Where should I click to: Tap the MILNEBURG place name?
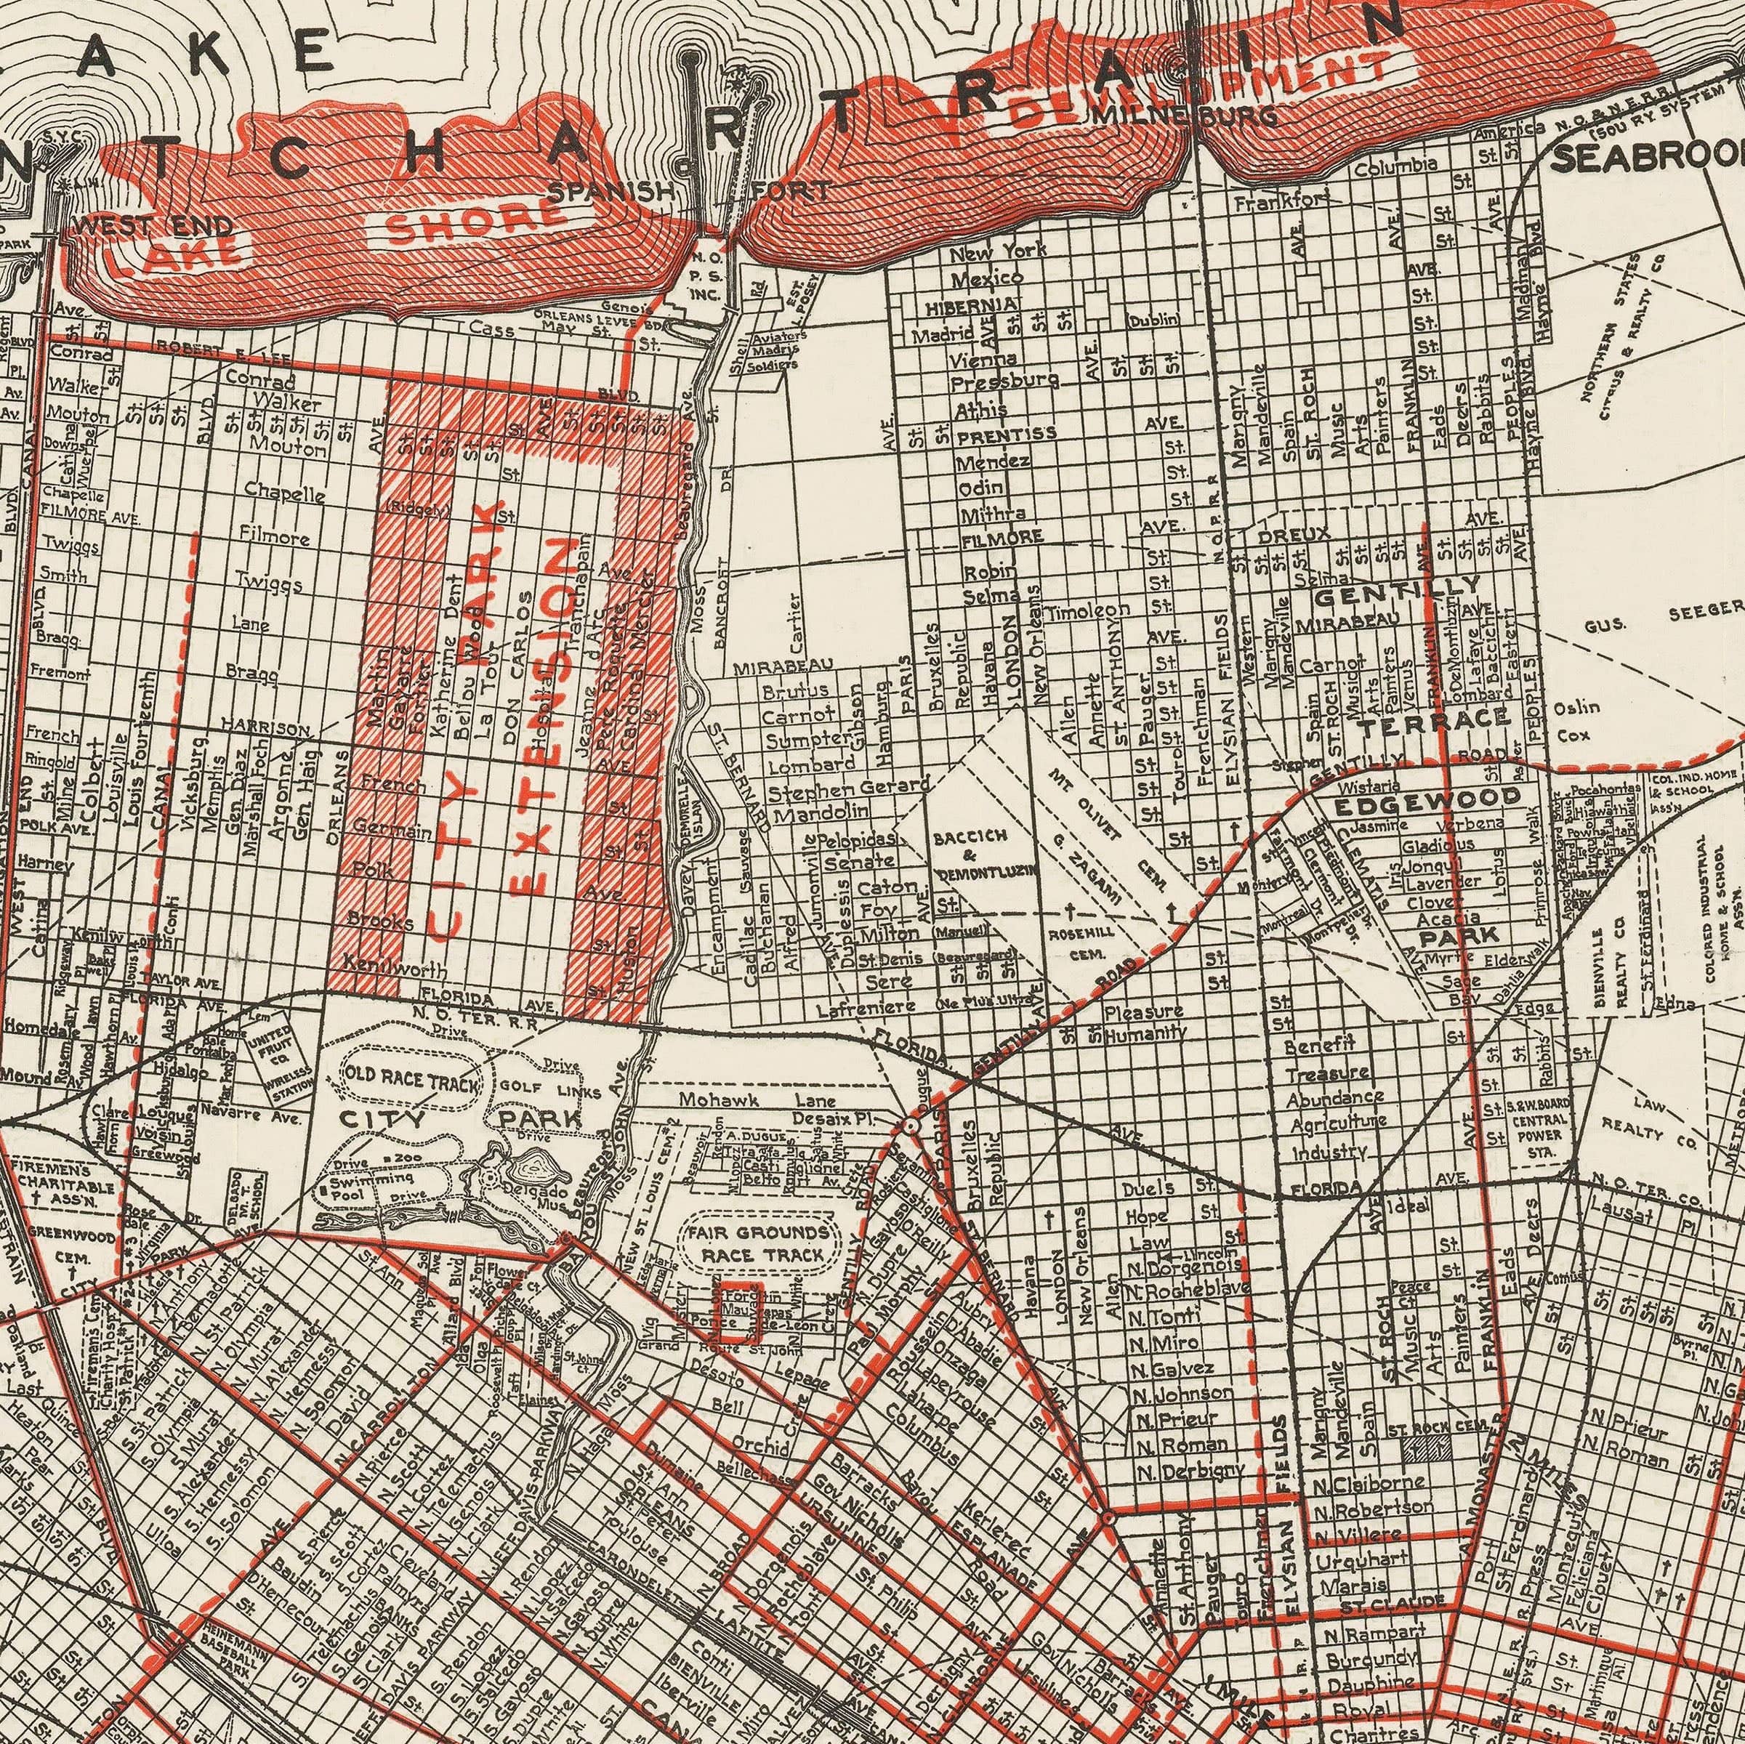[x=1184, y=116]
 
